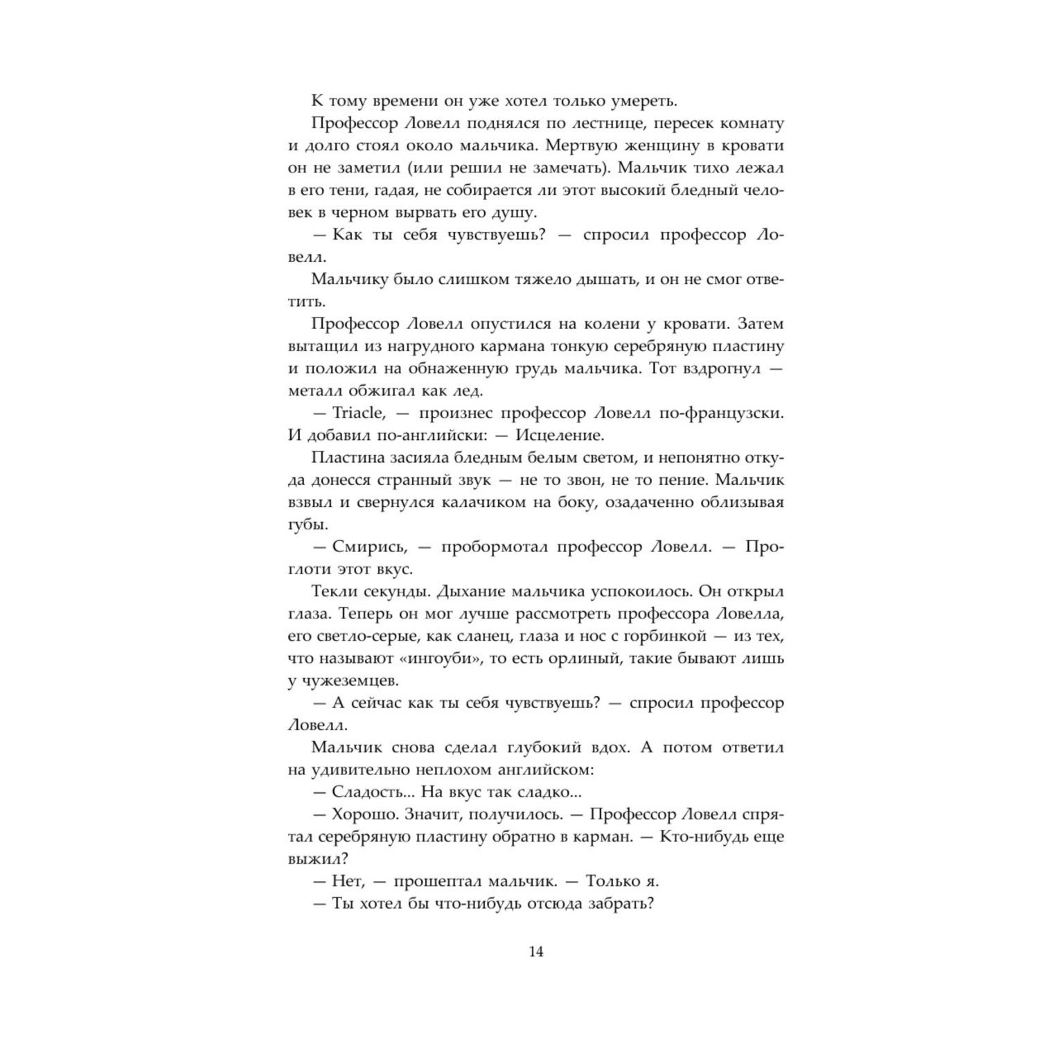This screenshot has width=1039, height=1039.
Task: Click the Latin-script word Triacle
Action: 357,413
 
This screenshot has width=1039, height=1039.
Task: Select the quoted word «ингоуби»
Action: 438,658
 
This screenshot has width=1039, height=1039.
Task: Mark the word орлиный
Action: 585,658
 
